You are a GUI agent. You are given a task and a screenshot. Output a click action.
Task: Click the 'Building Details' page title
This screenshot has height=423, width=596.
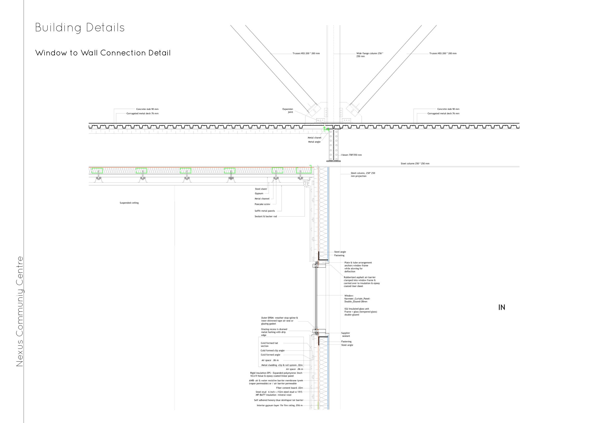(80, 28)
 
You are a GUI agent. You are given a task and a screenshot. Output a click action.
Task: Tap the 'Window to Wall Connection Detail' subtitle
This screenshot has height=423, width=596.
(103, 53)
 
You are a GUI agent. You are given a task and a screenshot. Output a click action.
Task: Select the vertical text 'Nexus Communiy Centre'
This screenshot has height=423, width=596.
(20, 311)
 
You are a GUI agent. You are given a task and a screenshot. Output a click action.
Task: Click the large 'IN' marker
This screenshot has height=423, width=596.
(502, 307)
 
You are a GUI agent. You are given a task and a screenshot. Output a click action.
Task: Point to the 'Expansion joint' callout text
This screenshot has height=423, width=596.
(288, 111)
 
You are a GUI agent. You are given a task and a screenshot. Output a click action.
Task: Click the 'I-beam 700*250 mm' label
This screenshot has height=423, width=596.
(351, 155)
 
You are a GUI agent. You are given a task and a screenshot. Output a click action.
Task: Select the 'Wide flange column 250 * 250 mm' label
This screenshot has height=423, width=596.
(370, 55)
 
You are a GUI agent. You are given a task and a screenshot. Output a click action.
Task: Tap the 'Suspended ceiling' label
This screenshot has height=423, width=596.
(129, 203)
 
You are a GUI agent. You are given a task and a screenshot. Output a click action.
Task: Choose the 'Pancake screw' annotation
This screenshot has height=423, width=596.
(262, 204)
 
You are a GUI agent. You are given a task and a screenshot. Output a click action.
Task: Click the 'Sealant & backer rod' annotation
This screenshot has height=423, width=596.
(266, 216)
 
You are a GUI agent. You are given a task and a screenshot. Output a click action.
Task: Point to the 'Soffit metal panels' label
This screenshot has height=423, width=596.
(265, 211)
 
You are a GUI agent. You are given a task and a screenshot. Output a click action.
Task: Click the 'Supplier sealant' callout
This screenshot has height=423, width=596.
(346, 335)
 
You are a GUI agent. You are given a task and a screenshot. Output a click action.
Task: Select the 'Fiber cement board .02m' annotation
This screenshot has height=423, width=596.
(289, 388)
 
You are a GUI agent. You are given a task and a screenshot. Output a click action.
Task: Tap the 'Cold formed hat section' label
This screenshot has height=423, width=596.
(269, 345)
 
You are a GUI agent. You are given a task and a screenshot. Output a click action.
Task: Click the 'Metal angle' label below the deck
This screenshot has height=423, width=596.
(314, 142)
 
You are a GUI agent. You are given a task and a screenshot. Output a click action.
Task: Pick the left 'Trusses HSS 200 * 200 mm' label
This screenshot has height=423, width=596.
(306, 54)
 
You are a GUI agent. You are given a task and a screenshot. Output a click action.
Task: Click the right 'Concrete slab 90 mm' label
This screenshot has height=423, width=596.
(448, 109)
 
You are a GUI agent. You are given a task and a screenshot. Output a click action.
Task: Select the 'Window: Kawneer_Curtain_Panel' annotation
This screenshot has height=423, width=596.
(357, 298)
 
